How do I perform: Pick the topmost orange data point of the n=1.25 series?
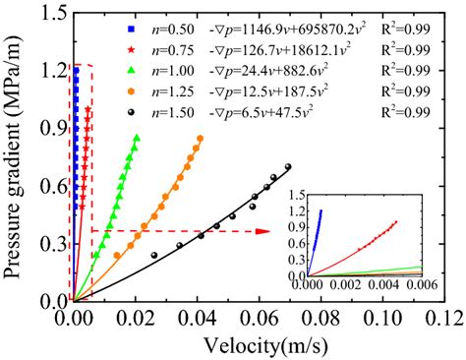[x=200, y=139]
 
